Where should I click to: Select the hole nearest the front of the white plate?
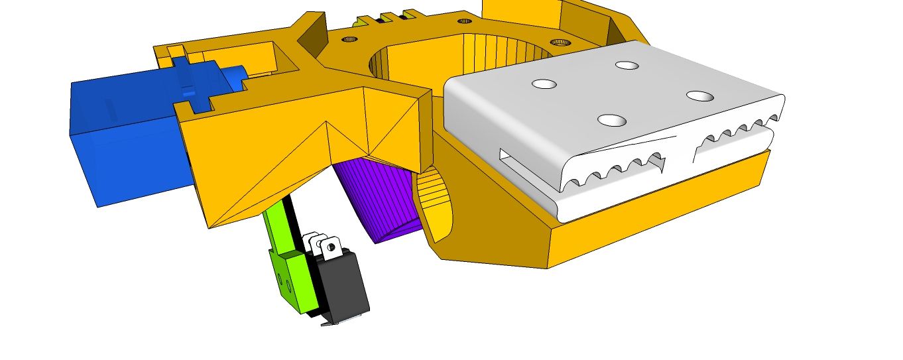[x=612, y=120]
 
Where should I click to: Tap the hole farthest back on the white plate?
[x=626, y=65]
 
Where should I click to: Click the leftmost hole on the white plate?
[x=544, y=84]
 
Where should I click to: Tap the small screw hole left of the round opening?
[x=348, y=40]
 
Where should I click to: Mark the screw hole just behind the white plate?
[x=560, y=42]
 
